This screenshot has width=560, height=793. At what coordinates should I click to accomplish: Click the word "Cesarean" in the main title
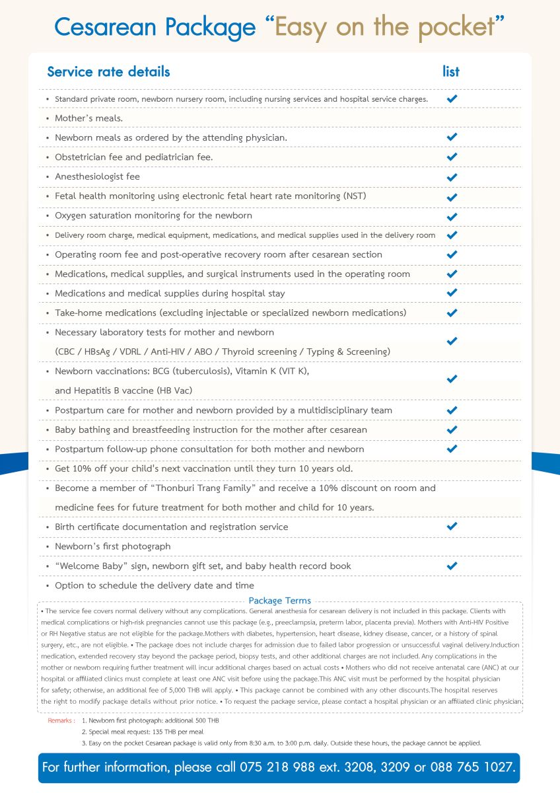tap(106, 27)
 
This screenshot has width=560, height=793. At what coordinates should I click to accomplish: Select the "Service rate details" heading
tap(108, 71)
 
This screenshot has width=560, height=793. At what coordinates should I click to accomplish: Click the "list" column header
tap(451, 71)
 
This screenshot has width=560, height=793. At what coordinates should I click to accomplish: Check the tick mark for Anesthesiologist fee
tap(452, 177)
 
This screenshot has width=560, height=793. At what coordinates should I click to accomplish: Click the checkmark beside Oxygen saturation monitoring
tap(452, 216)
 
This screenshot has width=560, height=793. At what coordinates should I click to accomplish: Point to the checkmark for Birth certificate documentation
tap(452, 527)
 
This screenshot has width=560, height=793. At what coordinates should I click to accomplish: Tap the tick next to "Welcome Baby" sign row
tap(452, 566)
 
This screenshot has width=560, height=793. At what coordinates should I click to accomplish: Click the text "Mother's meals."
tap(89, 118)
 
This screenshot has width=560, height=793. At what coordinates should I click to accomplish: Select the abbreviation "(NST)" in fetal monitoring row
tap(355, 196)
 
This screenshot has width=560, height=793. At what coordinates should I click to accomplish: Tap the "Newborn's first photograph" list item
tap(112, 547)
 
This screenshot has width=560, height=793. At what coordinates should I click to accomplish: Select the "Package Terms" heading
tap(279, 601)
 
